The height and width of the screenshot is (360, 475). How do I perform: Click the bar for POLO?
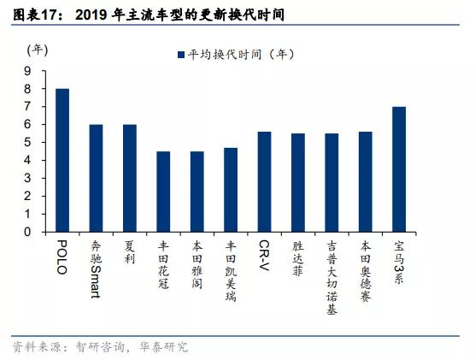(62, 160)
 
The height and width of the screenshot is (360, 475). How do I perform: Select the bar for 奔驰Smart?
(97, 178)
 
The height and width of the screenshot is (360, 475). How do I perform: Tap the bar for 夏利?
(130, 178)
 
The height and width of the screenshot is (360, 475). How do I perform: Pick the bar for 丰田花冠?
(163, 192)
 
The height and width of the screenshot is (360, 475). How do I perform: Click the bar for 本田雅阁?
(197, 192)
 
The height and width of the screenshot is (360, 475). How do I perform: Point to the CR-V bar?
(265, 181)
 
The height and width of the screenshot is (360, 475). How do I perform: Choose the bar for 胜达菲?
(298, 182)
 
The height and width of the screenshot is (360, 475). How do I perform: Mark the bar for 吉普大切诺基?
(331, 182)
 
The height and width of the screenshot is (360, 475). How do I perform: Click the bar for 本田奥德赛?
(366, 181)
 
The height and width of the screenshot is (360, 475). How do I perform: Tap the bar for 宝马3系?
(399, 169)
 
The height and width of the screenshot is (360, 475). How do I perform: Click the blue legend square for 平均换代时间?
(181, 54)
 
